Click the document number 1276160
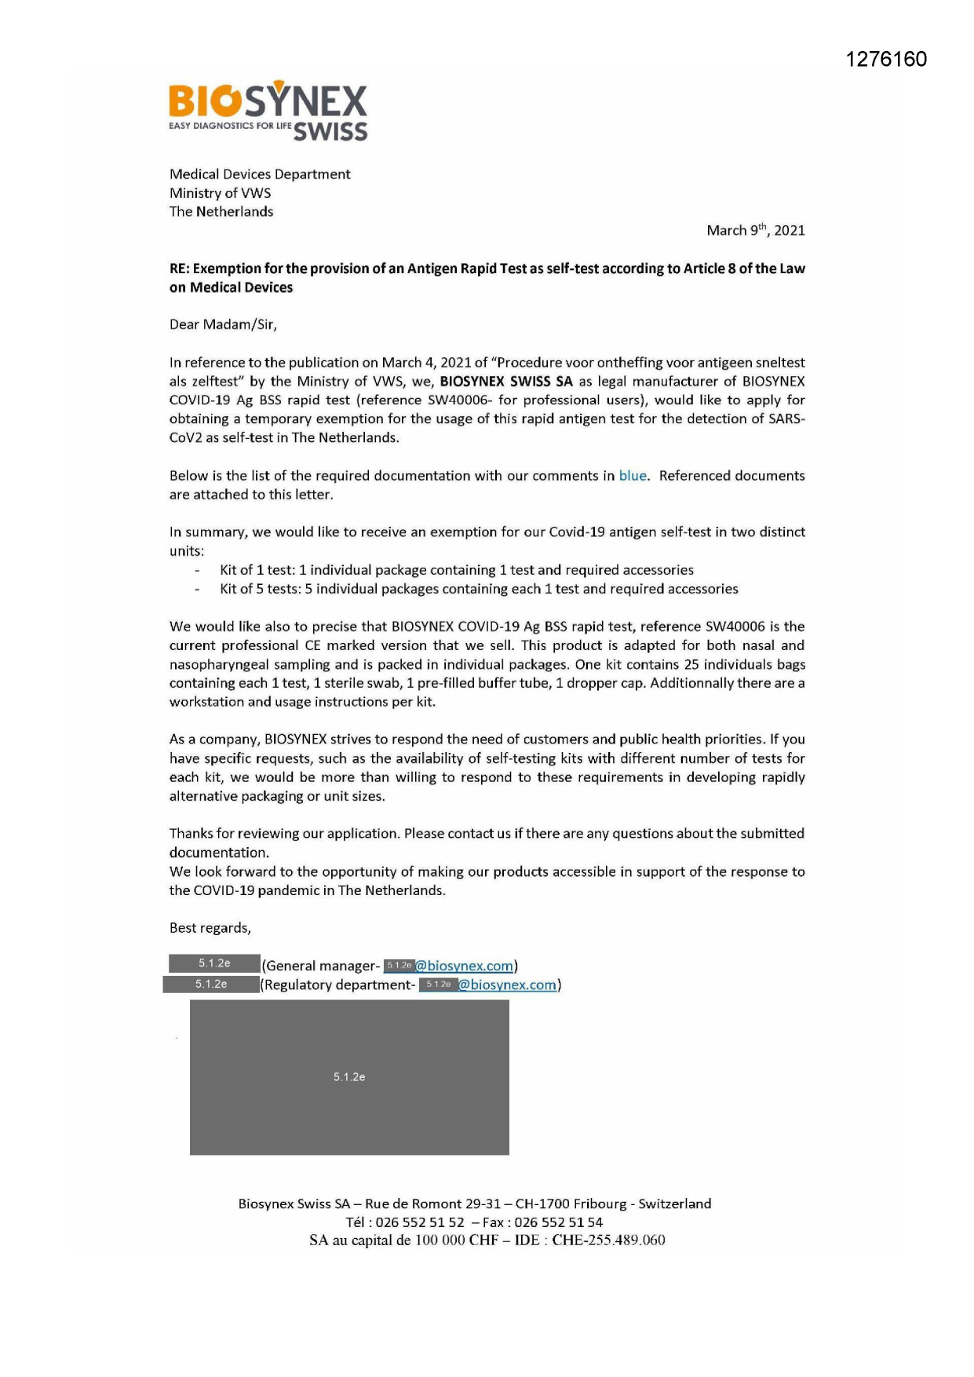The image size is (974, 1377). [x=886, y=60]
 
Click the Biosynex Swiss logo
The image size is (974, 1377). [x=268, y=111]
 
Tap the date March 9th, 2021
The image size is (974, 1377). [x=755, y=230]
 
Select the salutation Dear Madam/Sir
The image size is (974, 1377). [x=223, y=324]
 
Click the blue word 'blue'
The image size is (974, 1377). [x=633, y=476]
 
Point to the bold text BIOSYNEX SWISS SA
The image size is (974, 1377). [x=506, y=382]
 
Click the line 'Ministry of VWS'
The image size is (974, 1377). [x=220, y=193]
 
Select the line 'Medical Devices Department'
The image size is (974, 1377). [x=260, y=174]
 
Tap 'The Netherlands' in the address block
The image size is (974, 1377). [x=221, y=212]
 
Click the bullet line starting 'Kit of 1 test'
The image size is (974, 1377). [x=456, y=570]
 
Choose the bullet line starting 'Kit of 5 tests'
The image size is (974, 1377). [x=479, y=589]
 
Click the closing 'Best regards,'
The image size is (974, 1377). [x=210, y=928]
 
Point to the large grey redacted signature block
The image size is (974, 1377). [x=349, y=1076]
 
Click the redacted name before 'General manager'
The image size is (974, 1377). [x=214, y=963]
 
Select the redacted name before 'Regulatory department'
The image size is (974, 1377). [x=211, y=984]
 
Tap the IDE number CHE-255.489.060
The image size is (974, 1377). [x=608, y=1240]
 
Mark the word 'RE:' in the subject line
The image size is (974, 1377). [x=180, y=268]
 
